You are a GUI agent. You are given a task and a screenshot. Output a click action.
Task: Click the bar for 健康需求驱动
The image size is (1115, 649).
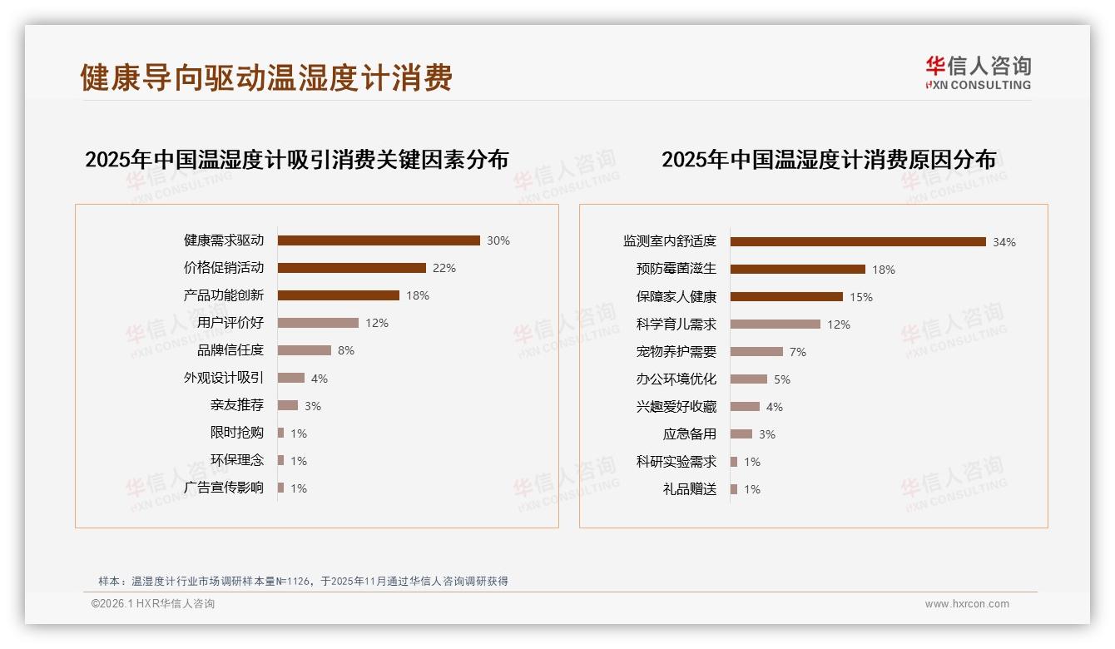[x=379, y=240]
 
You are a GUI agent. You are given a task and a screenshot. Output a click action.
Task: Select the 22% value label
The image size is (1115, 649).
[x=444, y=268]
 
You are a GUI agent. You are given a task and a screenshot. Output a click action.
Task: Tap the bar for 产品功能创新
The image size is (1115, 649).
[x=339, y=295]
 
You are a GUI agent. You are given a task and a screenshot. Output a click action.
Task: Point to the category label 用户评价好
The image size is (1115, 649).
[x=230, y=323]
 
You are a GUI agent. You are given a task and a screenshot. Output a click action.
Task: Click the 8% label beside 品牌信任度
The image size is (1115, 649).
[x=346, y=350]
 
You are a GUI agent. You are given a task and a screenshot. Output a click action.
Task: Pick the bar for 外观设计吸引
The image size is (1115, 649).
[x=291, y=378]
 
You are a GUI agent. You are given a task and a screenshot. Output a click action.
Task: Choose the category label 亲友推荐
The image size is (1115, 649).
[x=237, y=405]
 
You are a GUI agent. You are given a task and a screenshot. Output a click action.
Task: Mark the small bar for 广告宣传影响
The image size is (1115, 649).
[x=281, y=488]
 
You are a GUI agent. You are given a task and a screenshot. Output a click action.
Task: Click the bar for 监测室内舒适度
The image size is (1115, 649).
[x=858, y=241]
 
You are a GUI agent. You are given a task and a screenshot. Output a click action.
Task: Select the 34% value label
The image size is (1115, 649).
[x=1004, y=242]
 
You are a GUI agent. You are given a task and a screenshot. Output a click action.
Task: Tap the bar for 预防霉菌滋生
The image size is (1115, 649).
[x=798, y=269]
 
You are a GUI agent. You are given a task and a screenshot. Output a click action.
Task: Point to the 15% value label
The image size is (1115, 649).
[x=861, y=297]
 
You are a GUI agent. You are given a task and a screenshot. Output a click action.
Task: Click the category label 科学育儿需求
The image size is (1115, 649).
[x=676, y=324]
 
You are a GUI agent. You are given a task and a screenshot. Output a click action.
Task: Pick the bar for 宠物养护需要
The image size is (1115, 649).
[x=756, y=351]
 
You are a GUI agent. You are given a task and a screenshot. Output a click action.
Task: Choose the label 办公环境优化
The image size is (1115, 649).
[x=676, y=379]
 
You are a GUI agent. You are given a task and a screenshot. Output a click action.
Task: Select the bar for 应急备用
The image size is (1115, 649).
[x=741, y=433]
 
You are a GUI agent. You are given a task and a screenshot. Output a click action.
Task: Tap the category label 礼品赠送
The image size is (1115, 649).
[x=690, y=488]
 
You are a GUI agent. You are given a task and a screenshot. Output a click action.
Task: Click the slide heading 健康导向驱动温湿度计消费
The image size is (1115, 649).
[x=266, y=77]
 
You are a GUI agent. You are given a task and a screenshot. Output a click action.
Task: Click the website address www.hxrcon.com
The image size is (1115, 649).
[x=967, y=604]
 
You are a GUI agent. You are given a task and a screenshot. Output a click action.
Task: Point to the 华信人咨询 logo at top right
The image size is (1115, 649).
[x=978, y=72]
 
